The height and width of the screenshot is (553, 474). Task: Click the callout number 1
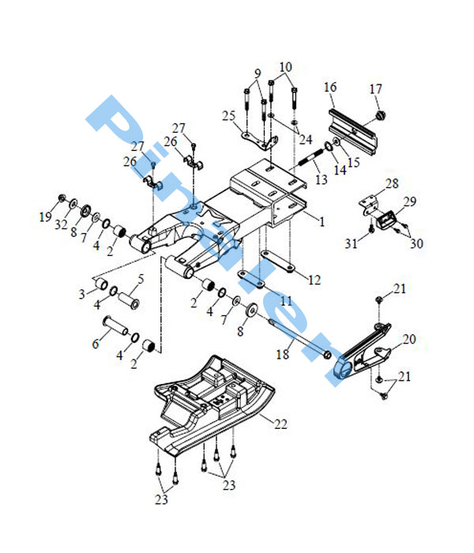(322, 223)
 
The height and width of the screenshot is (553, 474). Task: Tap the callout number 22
(281, 424)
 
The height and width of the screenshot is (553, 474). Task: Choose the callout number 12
(314, 280)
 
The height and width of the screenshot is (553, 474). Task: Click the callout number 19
(47, 214)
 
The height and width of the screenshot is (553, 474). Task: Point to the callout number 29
(409, 203)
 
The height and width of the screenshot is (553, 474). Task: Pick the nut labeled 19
(62, 197)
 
